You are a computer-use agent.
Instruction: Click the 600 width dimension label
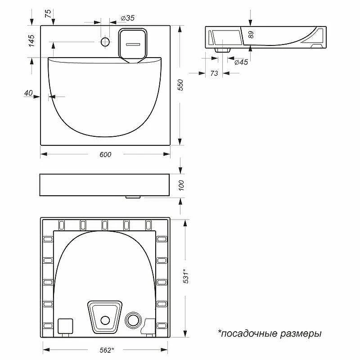105,154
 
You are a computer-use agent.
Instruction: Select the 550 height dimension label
181,85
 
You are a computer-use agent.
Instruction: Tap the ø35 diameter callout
128,18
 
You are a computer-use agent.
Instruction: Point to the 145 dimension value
31,40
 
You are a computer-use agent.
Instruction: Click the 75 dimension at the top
48,14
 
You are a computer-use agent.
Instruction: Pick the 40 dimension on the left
28,93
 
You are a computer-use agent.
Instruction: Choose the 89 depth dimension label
251,35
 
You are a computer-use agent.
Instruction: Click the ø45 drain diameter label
241,62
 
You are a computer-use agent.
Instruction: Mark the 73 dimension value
214,73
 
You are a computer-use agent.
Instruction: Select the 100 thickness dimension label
181,185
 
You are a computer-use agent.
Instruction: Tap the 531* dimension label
186,276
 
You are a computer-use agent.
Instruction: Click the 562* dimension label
107,350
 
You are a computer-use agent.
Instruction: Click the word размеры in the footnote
301,334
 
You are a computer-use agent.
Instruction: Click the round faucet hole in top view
105,42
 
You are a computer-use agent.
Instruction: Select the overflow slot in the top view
133,44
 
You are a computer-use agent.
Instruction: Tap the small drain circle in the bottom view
105,320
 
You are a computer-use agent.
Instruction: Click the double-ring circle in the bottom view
133,319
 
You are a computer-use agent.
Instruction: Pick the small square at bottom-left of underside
65,326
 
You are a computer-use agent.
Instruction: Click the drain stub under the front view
133,197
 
